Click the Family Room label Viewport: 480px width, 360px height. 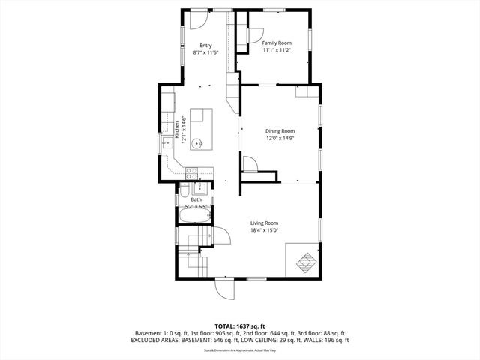coord(277,43)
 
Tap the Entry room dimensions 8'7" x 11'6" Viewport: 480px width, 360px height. coord(205,52)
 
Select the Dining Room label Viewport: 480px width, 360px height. coord(280,131)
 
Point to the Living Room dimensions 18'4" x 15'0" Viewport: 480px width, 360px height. coord(264,231)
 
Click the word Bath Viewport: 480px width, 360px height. coord(196,199)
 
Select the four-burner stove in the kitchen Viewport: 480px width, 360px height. coord(191,172)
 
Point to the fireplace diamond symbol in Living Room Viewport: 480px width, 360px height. coord(305,262)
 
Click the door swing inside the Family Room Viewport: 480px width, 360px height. coord(253,34)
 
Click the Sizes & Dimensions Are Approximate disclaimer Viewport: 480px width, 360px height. coord(240,349)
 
